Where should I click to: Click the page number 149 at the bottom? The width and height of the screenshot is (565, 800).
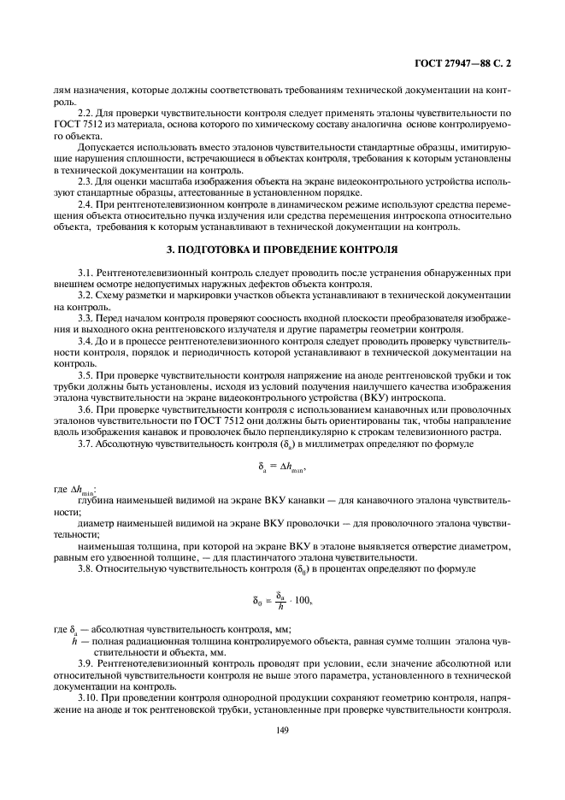[282, 732]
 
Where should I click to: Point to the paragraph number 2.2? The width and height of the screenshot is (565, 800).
[85, 112]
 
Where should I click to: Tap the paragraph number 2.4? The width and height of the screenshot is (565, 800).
[85, 207]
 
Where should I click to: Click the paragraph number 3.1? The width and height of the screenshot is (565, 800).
[85, 271]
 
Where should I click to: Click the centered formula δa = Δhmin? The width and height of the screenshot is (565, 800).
[282, 467]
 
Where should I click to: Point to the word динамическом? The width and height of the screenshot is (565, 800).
[273, 207]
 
